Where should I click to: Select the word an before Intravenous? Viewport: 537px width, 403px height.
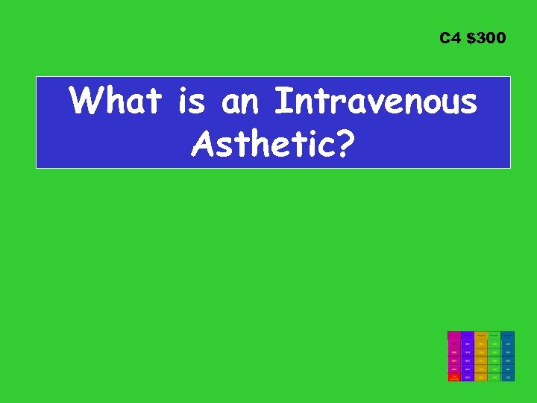(241, 101)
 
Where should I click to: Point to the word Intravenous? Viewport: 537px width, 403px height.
(376, 101)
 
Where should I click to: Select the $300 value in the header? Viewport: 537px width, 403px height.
(485, 37)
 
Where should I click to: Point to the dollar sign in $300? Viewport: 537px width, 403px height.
(470, 37)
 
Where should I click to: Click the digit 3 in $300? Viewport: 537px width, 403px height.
(480, 37)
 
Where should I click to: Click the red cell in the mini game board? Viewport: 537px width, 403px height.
(453, 378)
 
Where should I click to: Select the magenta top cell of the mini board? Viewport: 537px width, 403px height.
(453, 335)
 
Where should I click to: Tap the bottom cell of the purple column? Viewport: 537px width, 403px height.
(467, 378)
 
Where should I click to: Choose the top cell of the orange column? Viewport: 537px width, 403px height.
(480, 335)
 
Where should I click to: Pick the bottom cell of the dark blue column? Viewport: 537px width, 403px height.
(507, 378)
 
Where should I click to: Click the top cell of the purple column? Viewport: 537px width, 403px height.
(467, 335)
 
